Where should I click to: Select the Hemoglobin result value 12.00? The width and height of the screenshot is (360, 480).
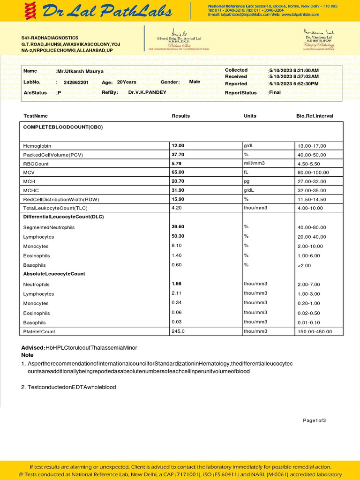178,146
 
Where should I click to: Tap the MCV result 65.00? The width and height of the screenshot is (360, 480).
178,172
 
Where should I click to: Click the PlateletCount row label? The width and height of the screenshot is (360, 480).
39,332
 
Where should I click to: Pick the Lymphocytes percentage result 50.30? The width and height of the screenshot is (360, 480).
178,236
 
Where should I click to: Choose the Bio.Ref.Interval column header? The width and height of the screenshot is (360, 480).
315,116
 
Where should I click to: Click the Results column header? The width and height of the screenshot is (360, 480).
180,116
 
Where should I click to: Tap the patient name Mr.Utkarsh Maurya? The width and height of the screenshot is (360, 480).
80,71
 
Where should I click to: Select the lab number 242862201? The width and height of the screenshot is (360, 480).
76,82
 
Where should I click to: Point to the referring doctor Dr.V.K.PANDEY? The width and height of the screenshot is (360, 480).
147,92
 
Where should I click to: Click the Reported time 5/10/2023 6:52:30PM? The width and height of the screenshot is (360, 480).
293,83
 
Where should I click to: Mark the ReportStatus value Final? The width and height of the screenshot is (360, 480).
274,92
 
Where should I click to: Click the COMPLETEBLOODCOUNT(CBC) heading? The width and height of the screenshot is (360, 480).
63,127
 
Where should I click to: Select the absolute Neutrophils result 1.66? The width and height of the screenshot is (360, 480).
176,284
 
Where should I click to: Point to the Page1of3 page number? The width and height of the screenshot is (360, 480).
314,420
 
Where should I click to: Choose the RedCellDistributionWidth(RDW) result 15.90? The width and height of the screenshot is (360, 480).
178,199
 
